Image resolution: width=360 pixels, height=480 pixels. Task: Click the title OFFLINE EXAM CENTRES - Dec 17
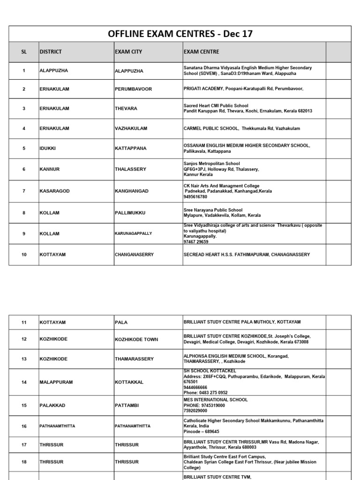[x=180, y=34]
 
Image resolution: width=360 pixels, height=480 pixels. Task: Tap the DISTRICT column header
[x=51, y=52]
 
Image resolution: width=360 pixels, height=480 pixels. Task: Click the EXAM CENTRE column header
[x=201, y=52]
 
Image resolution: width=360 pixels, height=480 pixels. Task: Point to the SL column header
[x=24, y=52]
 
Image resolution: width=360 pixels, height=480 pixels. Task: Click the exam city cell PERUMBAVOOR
[x=134, y=89]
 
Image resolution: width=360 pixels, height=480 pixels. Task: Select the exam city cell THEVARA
[x=126, y=109]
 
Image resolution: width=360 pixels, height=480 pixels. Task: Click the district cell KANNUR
[x=49, y=169]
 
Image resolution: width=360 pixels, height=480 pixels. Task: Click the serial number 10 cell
[x=24, y=255]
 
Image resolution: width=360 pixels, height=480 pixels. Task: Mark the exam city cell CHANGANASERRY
[x=135, y=255]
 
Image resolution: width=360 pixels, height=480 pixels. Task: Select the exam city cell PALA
[x=121, y=322]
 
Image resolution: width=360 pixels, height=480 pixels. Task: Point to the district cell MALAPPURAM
[x=56, y=382]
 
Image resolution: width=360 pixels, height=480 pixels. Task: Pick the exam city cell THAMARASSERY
[x=134, y=359]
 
